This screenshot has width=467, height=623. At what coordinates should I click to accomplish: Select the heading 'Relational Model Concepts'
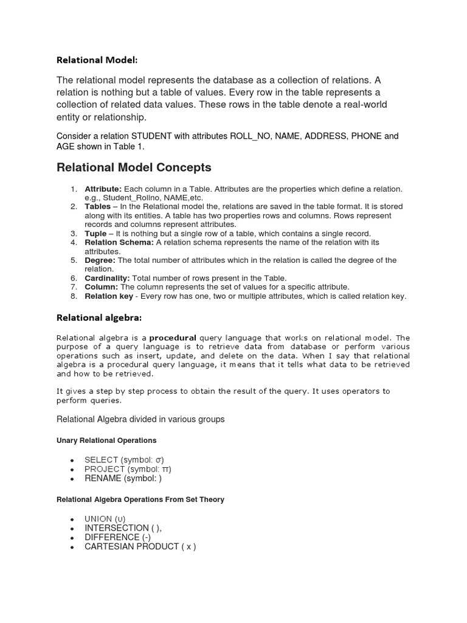pyautogui.click(x=134, y=167)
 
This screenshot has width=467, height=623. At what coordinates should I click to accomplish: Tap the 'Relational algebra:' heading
pyautogui.click(x=99, y=317)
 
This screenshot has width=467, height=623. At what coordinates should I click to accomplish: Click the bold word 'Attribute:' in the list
pyautogui.click(x=103, y=189)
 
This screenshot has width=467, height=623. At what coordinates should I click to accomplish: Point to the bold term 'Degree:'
pyautogui.click(x=100, y=260)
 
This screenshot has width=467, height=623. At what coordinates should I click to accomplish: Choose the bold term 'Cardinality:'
pyautogui.click(x=107, y=278)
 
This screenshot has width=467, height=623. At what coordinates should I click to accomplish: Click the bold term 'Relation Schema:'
pyautogui.click(x=119, y=242)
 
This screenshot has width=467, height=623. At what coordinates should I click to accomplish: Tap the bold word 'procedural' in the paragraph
pyautogui.click(x=173, y=337)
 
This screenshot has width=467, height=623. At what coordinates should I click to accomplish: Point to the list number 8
pyautogui.click(x=74, y=296)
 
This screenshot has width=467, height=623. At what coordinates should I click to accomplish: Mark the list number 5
pyautogui.click(x=74, y=260)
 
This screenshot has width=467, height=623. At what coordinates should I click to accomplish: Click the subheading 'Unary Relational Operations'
pyautogui.click(x=106, y=440)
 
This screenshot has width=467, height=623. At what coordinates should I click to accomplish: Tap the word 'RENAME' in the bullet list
pyautogui.click(x=103, y=478)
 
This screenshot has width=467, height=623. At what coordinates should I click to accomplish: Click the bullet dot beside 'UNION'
pyautogui.click(x=72, y=520)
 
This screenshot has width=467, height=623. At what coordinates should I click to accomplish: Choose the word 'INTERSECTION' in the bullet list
pyautogui.click(x=116, y=528)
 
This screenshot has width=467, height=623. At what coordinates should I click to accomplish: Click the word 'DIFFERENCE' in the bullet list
pyautogui.click(x=111, y=537)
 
